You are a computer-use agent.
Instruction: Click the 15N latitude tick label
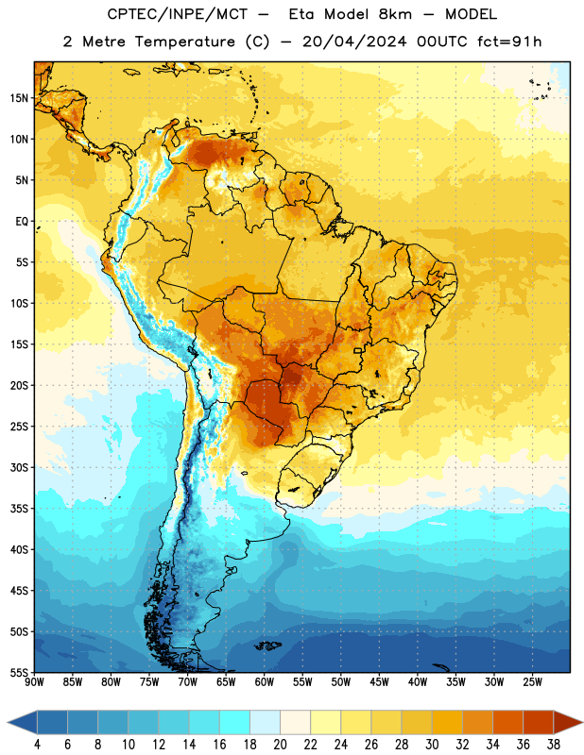pyautogui.click(x=19, y=98)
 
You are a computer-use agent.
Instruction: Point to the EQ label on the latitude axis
pyautogui.click(x=22, y=222)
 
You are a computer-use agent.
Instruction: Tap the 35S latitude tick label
pyautogui.click(x=19, y=509)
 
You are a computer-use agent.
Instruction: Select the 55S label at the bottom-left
pyautogui.click(x=19, y=672)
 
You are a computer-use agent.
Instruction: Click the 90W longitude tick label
pyautogui.click(x=34, y=681)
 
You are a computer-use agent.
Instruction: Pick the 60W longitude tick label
pyautogui.click(x=265, y=681)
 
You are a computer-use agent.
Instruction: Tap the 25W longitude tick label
pyautogui.click(x=532, y=681)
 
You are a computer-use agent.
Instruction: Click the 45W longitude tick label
pyautogui.click(x=379, y=681)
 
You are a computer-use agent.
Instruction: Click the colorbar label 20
pyautogui.click(x=280, y=745)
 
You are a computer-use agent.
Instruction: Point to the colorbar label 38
pyautogui.click(x=553, y=745)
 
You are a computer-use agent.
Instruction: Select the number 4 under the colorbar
pyautogui.click(x=37, y=745)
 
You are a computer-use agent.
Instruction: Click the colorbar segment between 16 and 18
pyautogui.click(x=235, y=722)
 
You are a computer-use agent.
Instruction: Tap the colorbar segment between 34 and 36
pyautogui.click(x=507, y=722)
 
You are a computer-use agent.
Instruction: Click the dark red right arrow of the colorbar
pyautogui.click(x=567, y=722)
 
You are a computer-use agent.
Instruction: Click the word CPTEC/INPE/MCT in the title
pyautogui.click(x=177, y=14)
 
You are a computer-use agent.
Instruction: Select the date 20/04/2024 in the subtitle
pyautogui.click(x=354, y=42)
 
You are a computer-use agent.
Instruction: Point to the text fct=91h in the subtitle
pyautogui.click(x=509, y=42)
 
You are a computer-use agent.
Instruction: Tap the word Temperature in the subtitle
pyautogui.click(x=184, y=42)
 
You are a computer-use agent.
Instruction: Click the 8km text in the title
pyautogui.click(x=395, y=14)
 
